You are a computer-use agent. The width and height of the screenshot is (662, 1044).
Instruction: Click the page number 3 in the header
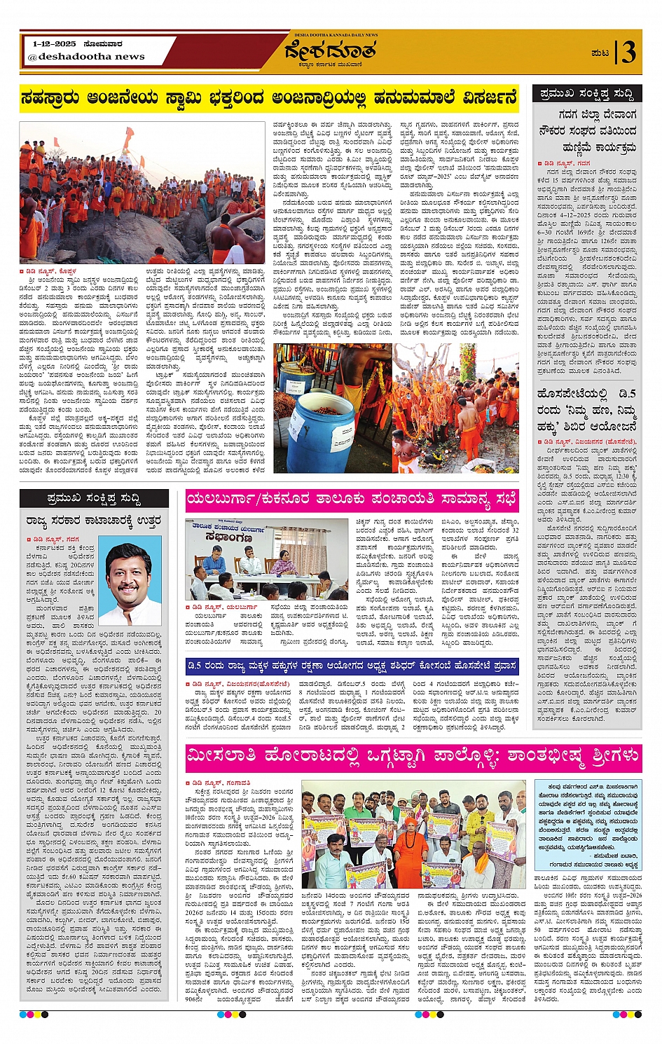click(628, 53)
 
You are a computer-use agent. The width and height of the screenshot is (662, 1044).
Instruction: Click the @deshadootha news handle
click(86, 56)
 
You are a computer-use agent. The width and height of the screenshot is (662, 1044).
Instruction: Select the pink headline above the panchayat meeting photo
click(352, 500)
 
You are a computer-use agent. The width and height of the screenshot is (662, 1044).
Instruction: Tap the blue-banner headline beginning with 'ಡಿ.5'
click(352, 666)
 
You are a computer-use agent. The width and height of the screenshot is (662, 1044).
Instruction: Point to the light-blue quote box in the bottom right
click(587, 824)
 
